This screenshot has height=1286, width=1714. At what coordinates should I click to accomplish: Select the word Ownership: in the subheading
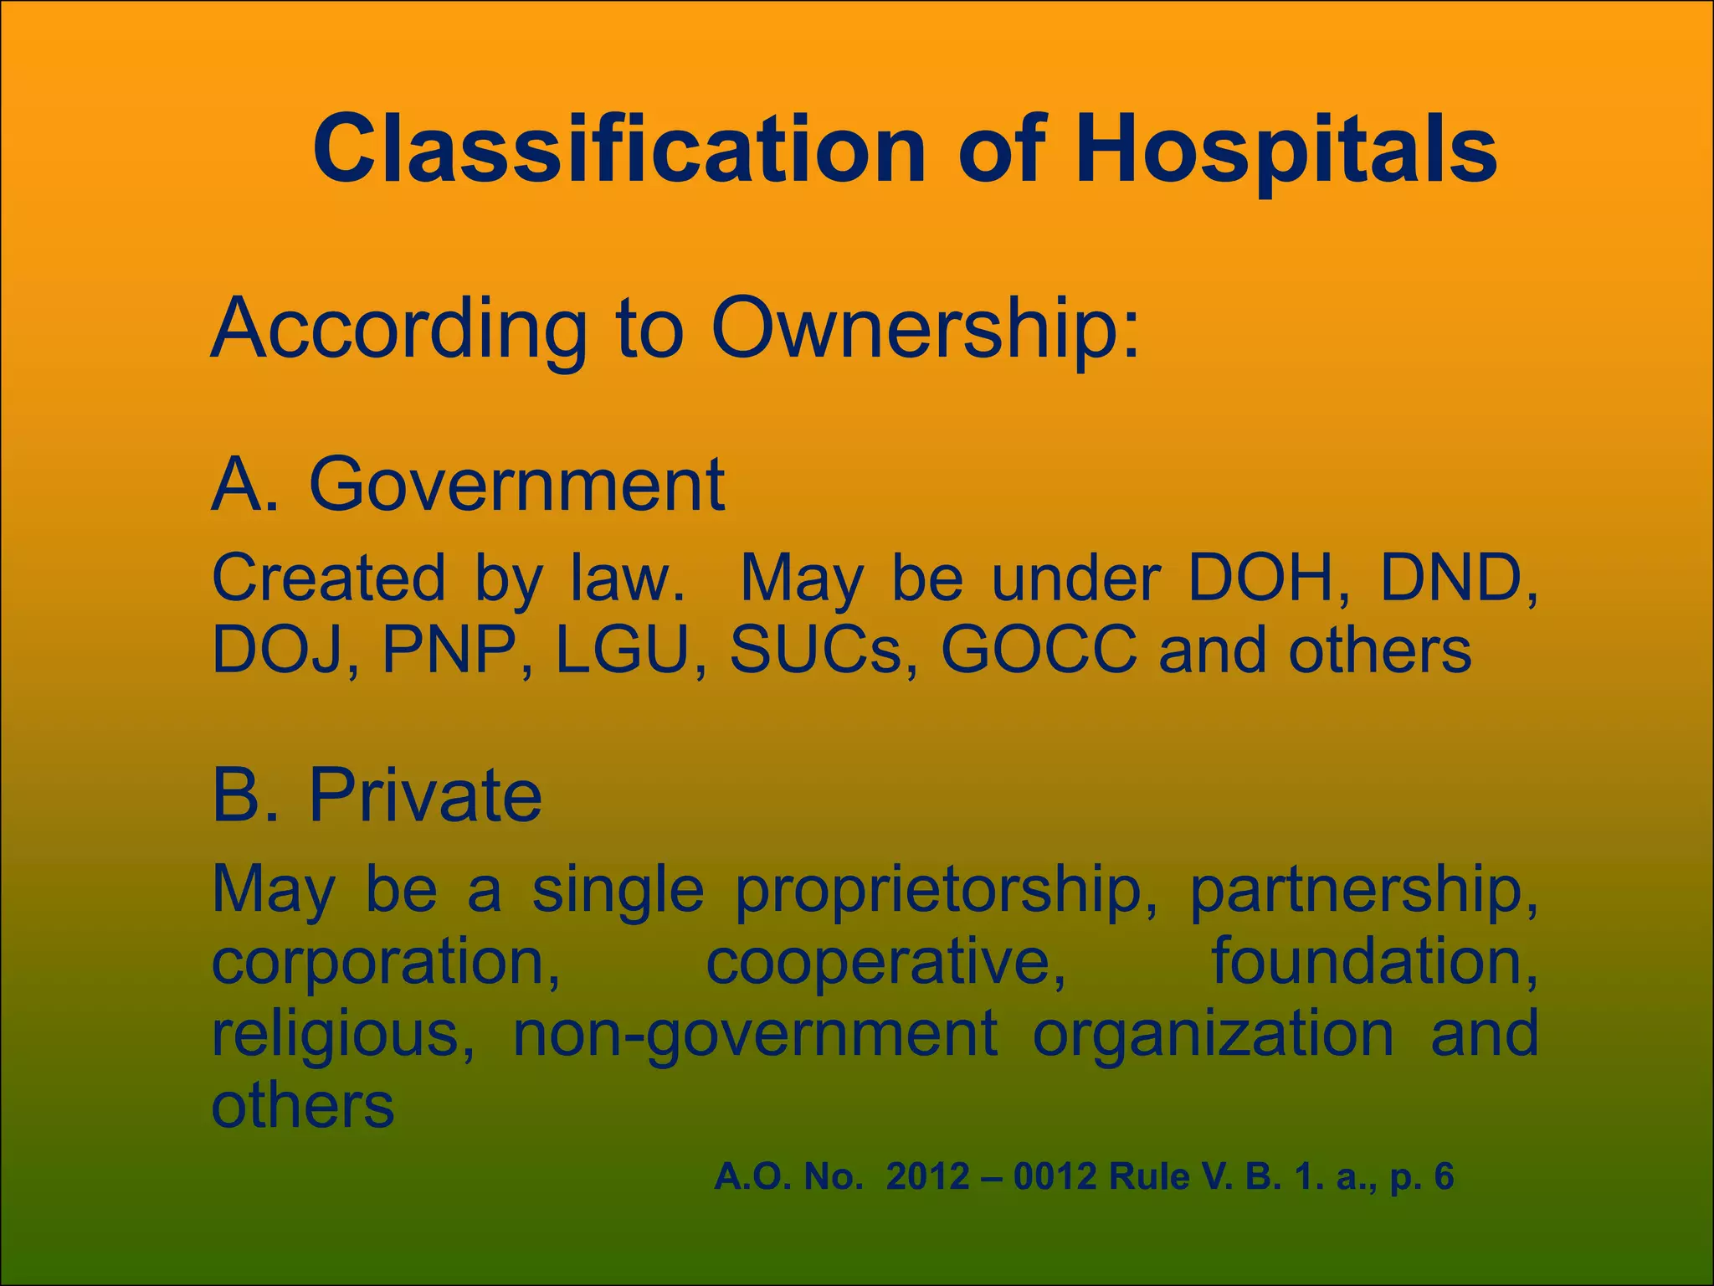[925, 328]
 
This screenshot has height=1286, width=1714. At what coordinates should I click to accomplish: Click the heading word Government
[516, 486]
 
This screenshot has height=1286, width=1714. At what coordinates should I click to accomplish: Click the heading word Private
[425, 796]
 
